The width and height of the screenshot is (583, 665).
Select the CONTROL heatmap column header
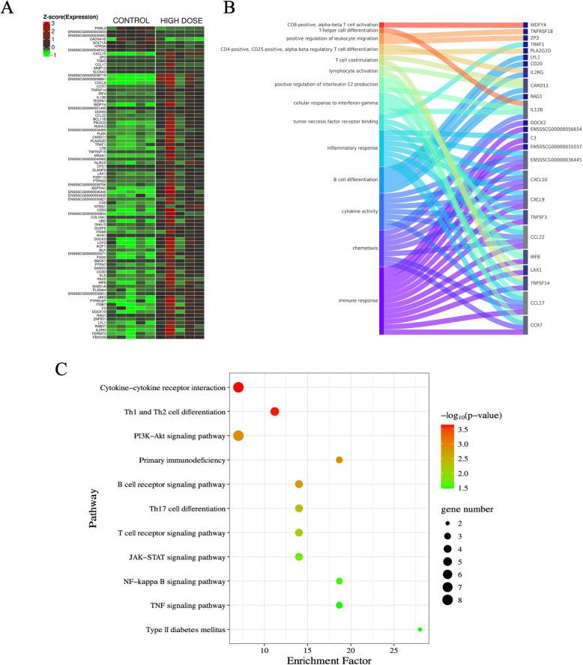click(x=132, y=19)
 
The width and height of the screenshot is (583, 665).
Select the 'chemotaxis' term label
click(x=363, y=247)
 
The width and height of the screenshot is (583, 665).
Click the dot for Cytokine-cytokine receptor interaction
click(x=238, y=387)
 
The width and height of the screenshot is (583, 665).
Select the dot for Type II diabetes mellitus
click(x=420, y=629)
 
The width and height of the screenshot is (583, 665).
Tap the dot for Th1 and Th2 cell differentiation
click(x=275, y=412)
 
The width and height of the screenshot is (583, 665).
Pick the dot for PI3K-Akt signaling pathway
click(x=238, y=436)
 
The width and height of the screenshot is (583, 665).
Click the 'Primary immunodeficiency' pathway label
click(x=181, y=460)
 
